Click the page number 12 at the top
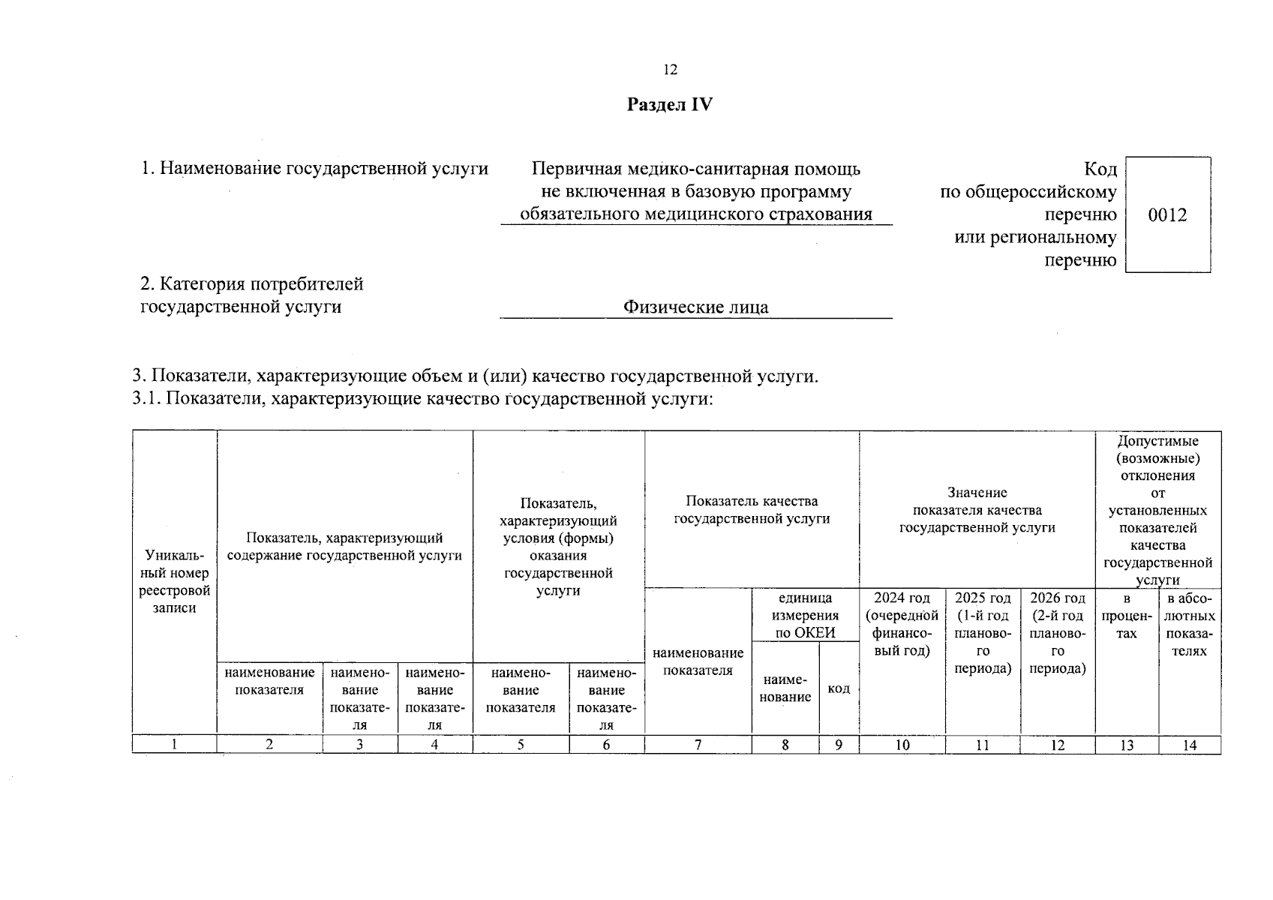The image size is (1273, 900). coord(670,70)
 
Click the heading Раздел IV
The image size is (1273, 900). coord(669,105)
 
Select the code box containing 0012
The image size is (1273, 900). coord(1167,215)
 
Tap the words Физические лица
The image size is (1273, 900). coord(695,307)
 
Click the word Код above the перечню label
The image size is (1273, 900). coord(1100,169)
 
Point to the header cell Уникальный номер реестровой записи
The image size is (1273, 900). coord(174,582)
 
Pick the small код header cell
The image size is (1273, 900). coord(839,688)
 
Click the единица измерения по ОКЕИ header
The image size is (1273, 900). coord(805,615)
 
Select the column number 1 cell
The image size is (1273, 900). coord(174,745)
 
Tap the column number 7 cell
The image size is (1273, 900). coord(698,745)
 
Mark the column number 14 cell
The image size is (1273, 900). coord(1189,745)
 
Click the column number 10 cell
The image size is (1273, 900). coord(902,745)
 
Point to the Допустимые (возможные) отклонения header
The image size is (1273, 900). coord(1157,510)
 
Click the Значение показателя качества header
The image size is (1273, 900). coord(977,510)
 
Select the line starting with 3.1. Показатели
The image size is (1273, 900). coord(422,398)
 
